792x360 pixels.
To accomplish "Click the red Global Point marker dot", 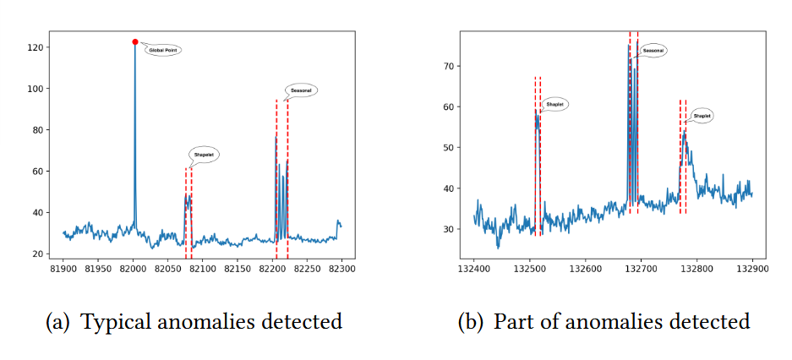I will click(x=135, y=41).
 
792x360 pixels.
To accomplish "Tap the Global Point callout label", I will click(x=164, y=51).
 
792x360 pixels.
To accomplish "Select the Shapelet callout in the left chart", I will click(x=204, y=155).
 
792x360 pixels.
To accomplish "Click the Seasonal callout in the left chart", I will click(x=301, y=90).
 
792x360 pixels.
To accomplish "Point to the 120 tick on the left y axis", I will click(x=36, y=47).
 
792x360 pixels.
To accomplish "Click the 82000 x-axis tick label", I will click(x=134, y=269).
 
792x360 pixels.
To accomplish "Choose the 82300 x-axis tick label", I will click(x=341, y=269).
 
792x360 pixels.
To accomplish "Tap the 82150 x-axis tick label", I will click(x=238, y=269).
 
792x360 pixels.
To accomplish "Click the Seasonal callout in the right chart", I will click(x=653, y=51).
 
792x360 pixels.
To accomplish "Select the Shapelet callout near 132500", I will click(x=554, y=105).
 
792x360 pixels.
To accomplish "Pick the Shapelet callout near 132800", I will click(x=702, y=116).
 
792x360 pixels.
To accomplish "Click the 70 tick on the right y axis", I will click(x=449, y=66).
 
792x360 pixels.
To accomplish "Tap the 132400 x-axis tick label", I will click(x=473, y=269).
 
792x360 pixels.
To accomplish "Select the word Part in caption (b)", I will click(x=512, y=322).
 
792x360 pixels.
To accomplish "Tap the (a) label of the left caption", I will click(x=59, y=322).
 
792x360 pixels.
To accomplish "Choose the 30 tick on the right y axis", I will click(x=449, y=229).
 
